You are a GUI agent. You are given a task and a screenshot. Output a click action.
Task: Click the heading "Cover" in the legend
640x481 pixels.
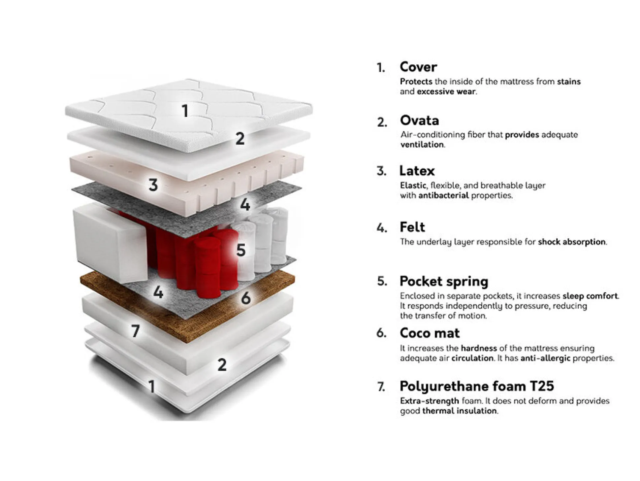(418, 67)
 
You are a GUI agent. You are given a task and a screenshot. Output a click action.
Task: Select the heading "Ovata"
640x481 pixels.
(419, 120)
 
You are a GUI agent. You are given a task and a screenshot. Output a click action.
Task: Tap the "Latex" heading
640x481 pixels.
(417, 171)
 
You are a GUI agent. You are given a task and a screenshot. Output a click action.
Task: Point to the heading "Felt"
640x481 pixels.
(412, 227)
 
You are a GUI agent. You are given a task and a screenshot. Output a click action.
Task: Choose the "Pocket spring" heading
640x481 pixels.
(444, 282)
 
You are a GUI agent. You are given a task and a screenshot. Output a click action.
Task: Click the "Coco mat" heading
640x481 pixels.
(430, 333)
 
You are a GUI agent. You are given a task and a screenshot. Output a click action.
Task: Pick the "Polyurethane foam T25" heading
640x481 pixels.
(477, 386)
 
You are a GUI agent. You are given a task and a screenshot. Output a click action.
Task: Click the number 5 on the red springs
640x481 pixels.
(241, 250)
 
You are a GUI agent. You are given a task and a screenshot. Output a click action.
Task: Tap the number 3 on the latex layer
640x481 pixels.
(153, 185)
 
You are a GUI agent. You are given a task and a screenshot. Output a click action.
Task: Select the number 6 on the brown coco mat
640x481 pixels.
(246, 298)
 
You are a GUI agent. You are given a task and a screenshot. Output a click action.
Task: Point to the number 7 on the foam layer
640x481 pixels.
(135, 331)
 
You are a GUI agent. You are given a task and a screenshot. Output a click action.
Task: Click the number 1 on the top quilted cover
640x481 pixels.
(185, 111)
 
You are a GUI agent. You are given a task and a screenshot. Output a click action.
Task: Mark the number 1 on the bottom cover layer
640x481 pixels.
(151, 386)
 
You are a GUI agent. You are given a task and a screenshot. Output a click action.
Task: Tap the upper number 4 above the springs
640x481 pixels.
(245, 205)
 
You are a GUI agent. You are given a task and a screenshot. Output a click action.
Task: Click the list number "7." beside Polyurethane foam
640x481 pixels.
(381, 387)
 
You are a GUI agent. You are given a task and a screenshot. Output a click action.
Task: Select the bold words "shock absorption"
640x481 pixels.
(572, 242)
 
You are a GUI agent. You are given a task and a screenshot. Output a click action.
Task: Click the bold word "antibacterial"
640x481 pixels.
(443, 195)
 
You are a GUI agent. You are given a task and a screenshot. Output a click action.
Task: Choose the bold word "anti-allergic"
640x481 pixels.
(545, 358)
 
